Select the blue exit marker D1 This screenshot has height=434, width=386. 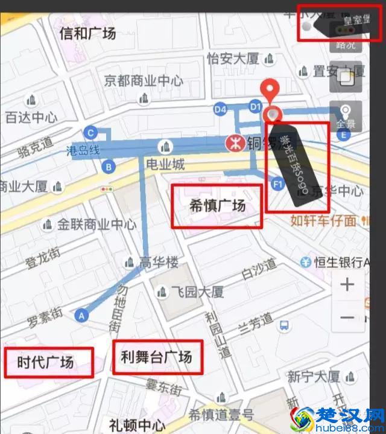(x=256, y=107)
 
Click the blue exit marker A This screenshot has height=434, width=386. (x=81, y=314)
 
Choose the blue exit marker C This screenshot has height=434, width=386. (x=90, y=133)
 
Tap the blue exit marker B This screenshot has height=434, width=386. (x=109, y=166)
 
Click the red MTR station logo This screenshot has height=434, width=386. (x=232, y=144)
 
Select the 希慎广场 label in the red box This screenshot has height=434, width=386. (x=217, y=206)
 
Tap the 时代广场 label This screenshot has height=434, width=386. (x=45, y=362)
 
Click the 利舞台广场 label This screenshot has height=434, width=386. (x=156, y=357)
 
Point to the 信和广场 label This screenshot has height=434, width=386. (x=87, y=33)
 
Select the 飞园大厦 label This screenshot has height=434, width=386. (x=195, y=292)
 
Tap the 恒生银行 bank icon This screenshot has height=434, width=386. (x=306, y=262)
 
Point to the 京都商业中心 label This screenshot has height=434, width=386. (x=144, y=80)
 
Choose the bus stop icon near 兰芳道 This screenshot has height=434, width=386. (x=283, y=326)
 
